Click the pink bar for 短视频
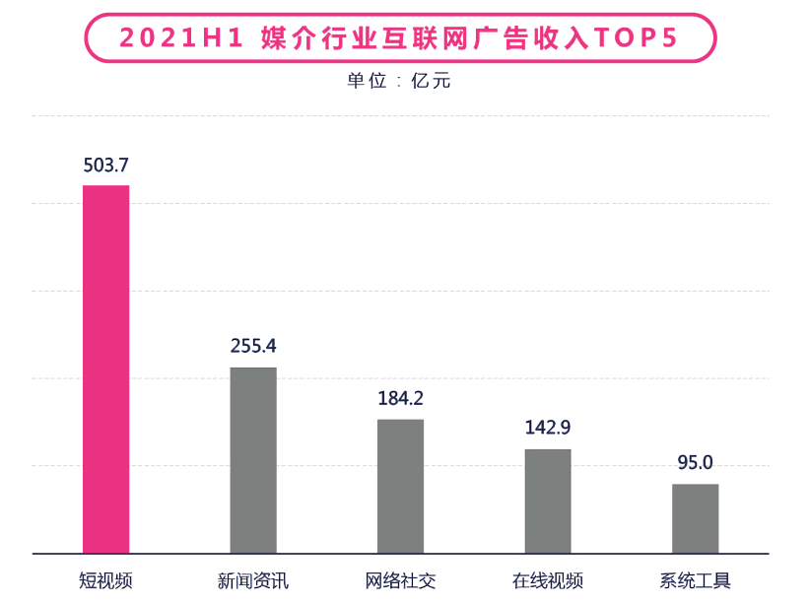(x=105, y=369)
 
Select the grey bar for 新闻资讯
(x=253, y=459)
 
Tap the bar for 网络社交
(x=400, y=486)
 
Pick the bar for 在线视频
(x=548, y=501)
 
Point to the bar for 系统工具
(x=696, y=518)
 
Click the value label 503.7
(x=105, y=164)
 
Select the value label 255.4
(x=253, y=346)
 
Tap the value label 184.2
(x=400, y=398)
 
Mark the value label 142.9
(x=548, y=428)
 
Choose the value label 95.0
(x=696, y=462)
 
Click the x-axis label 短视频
(x=105, y=580)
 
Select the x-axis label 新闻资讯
(x=253, y=580)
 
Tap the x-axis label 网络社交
(x=400, y=580)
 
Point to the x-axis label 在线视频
(x=548, y=580)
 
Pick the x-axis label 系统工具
(x=696, y=580)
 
